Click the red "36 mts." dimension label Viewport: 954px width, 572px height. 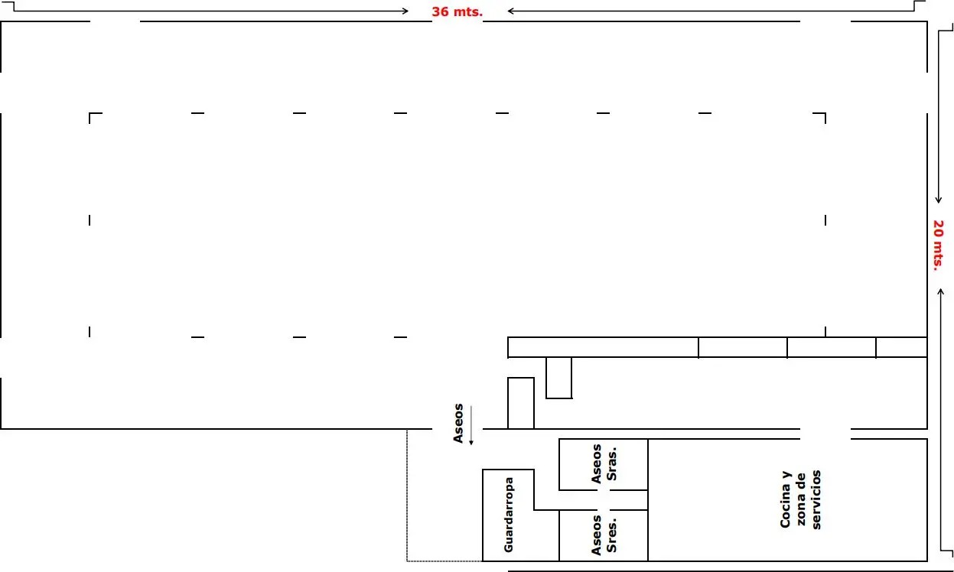coord(457,11)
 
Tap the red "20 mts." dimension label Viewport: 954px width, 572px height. coord(938,245)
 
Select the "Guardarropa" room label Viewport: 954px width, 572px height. coord(509,515)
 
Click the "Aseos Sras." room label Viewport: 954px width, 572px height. coord(604,464)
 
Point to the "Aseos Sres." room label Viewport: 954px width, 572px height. coord(604,535)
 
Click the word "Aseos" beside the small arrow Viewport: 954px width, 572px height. coord(458,424)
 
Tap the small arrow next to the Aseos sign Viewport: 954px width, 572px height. coord(471,426)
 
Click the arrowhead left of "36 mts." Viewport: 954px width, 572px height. coord(405,11)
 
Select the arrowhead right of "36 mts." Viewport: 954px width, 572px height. coord(510,11)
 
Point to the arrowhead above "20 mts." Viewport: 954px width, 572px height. coord(939,200)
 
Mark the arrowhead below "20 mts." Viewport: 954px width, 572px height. coord(941,291)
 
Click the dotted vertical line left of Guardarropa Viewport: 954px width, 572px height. coord(407,496)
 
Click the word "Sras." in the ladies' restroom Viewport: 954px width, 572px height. coord(611,464)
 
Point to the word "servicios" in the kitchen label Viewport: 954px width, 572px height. coord(816,499)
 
